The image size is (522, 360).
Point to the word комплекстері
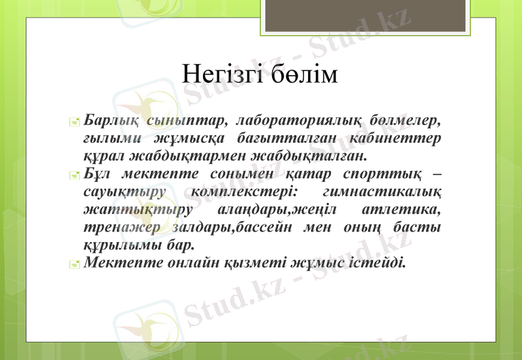tap(245, 193)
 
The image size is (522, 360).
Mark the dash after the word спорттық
tap(436, 175)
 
